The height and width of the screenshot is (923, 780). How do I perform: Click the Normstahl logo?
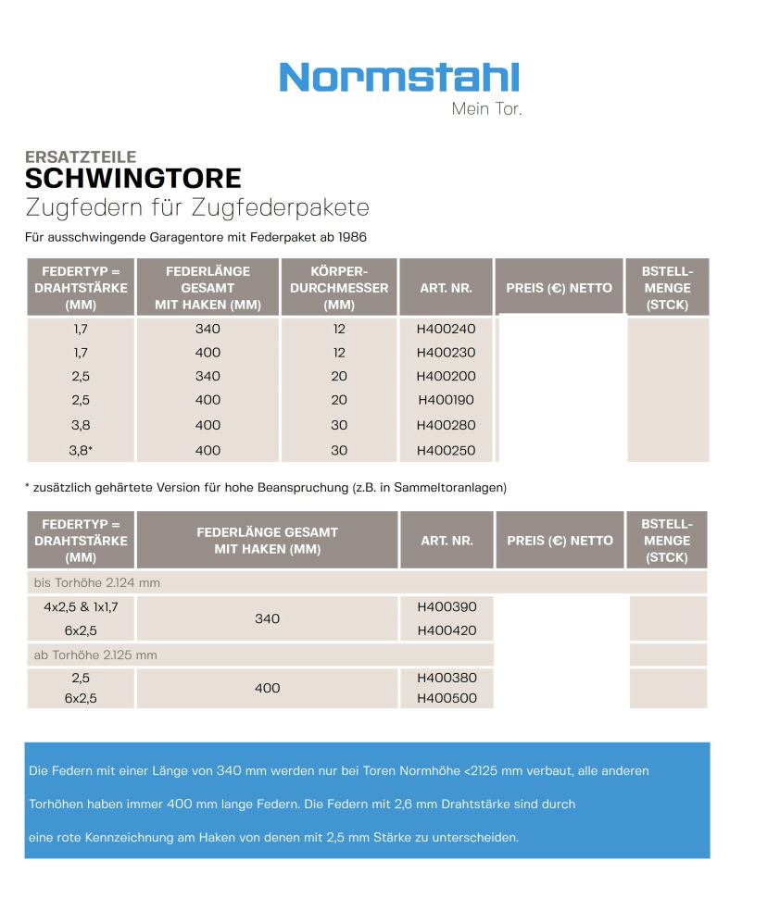[398, 77]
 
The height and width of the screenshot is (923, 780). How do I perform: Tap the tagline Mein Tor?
[486, 109]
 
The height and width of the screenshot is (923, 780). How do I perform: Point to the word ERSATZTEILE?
[81, 157]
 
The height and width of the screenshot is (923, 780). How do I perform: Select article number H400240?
[446, 329]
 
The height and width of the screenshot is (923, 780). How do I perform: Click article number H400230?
[446, 353]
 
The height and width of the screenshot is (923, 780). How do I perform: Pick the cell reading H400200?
[446, 377]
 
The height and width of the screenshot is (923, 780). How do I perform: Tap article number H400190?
[446, 400]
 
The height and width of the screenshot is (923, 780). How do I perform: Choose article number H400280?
[446, 426]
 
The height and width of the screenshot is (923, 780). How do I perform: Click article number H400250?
[446, 451]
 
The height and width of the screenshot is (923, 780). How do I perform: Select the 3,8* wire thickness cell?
[82, 451]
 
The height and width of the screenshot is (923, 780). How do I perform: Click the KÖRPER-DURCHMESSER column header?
[339, 288]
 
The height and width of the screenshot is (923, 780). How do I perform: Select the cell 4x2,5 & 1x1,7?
[81, 607]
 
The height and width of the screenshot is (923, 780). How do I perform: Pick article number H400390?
[447, 607]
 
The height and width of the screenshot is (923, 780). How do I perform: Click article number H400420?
[447, 631]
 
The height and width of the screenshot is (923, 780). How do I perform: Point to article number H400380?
[447, 678]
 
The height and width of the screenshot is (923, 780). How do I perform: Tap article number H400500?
[447, 699]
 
